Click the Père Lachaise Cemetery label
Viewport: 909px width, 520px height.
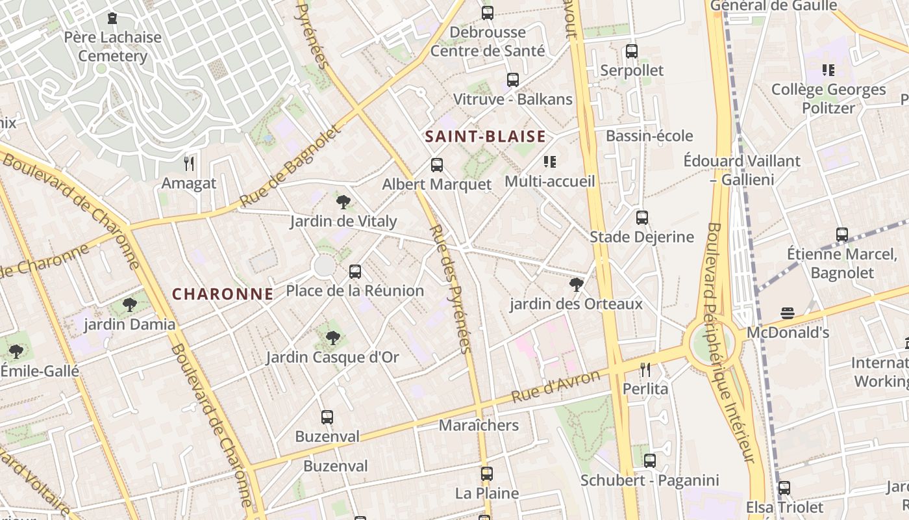point(113,46)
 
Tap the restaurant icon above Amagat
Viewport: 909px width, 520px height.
point(189,163)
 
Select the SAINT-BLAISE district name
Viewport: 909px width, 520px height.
point(485,136)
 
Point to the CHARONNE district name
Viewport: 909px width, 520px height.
point(223,294)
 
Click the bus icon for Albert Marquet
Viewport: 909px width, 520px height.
point(437,165)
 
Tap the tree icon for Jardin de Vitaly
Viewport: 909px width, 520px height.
point(343,201)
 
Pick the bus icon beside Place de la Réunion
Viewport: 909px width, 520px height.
point(355,272)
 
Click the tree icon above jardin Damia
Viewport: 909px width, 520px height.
point(130,304)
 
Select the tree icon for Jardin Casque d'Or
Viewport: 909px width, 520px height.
point(333,337)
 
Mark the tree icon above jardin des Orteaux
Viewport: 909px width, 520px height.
point(576,284)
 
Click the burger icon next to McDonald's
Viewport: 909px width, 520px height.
point(788,313)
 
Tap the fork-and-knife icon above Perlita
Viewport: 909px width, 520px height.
point(645,370)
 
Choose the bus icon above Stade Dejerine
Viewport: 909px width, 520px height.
point(642,218)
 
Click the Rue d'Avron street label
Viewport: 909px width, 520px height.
point(555,386)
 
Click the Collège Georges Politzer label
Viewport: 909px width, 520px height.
point(828,98)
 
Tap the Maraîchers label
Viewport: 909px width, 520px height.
point(479,425)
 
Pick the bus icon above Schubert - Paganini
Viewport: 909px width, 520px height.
point(650,461)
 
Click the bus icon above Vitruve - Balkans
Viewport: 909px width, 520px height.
point(513,80)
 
